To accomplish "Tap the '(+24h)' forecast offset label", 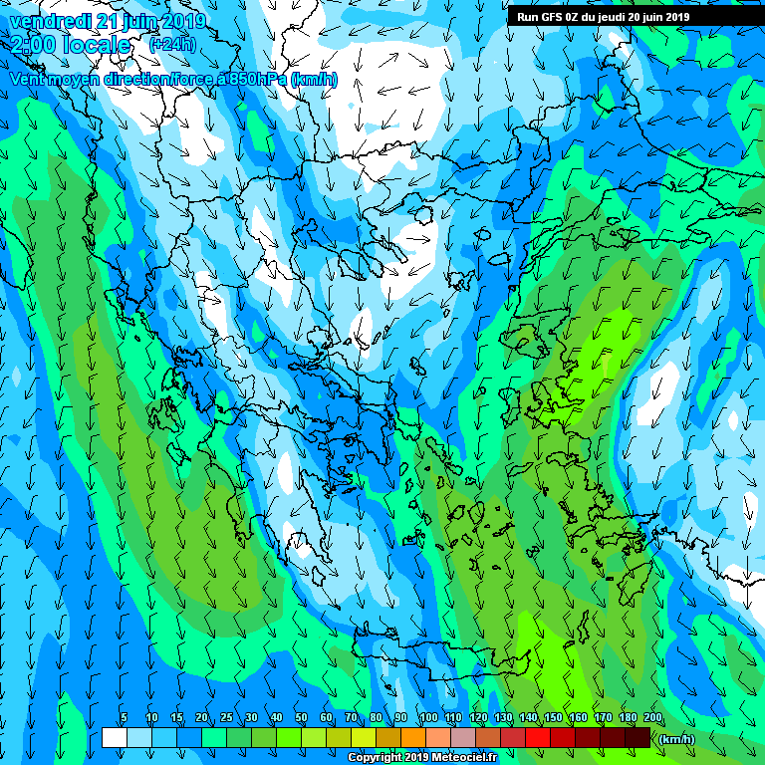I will coord(172,45).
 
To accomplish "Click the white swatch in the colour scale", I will coord(114,738).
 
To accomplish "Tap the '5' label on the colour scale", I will coord(124,718).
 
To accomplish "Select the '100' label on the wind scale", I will coord(428,718).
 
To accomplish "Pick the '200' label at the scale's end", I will coord(652,718).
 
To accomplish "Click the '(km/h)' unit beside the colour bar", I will coord(677,738).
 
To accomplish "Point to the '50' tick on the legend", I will coord(301,718).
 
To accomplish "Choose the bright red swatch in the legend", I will coord(538,738).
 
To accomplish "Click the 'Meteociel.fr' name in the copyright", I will coord(463,758).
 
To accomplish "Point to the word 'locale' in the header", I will coord(95,45).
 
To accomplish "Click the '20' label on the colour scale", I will coord(201,718).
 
